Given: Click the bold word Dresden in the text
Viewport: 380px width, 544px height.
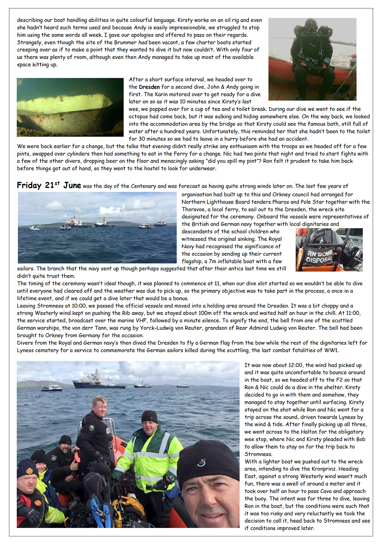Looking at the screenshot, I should tap(149, 87).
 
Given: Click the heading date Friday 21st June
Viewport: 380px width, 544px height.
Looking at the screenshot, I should tap(49, 185).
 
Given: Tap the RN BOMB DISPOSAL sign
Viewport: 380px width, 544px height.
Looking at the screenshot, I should tap(320, 256).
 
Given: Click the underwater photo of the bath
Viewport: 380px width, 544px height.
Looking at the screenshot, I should tap(70, 107).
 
